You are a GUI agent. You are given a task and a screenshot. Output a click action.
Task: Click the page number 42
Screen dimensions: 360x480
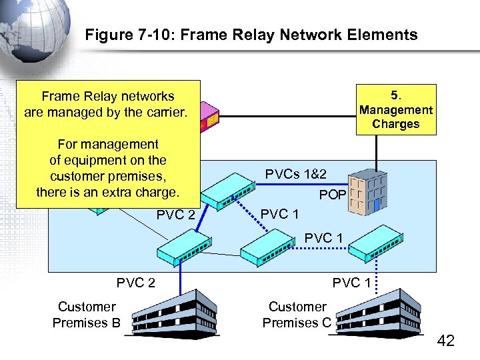click(445, 341)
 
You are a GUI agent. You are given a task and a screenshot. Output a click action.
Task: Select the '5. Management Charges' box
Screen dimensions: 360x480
click(395, 109)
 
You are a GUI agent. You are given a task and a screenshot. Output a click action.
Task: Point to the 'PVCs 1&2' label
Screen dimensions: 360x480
click(295, 175)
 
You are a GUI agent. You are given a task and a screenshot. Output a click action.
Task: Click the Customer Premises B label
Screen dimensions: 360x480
click(86, 315)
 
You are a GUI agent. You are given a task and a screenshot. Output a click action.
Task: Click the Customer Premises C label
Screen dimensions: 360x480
click(297, 315)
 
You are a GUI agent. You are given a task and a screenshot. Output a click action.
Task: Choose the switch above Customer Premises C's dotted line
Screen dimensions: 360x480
click(375, 245)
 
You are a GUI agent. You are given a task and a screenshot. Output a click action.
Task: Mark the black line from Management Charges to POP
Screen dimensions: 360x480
click(377, 150)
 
